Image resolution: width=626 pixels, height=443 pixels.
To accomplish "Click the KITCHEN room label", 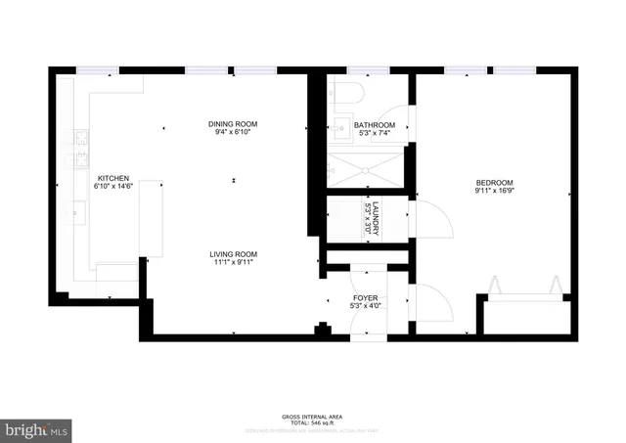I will tap(112, 178).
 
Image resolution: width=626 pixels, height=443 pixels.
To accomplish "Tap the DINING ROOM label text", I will tap(232, 124).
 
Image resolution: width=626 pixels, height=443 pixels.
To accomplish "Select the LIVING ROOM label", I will tap(236, 255).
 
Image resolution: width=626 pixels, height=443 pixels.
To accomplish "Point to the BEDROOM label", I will tap(494, 183).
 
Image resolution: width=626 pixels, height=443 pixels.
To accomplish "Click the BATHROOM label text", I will tap(375, 125).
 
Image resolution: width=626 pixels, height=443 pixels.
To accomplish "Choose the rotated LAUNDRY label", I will tap(373, 216).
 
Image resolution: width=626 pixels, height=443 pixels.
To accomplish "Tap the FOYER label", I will tap(366, 297).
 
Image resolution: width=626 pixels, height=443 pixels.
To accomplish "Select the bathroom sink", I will tap(339, 126).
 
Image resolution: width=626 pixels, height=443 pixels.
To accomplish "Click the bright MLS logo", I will tap(36, 427).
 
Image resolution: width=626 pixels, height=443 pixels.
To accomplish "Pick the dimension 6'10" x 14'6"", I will tap(112, 187).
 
